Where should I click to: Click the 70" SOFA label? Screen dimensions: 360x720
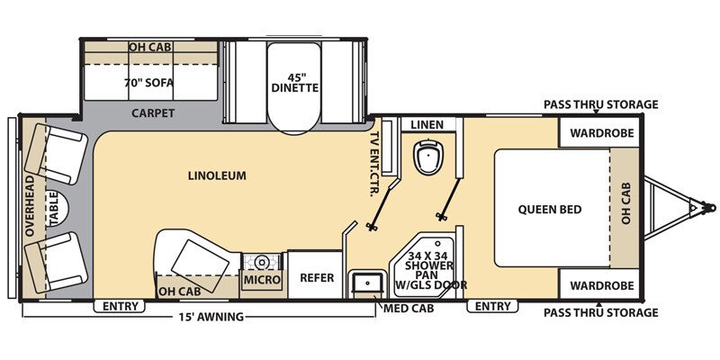point(148,83)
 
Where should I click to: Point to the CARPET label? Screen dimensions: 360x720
point(153,113)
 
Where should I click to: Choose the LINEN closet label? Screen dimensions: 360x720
point(427,123)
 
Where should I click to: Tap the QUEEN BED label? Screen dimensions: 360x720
point(549,210)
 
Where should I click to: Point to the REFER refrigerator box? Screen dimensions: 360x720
point(317,278)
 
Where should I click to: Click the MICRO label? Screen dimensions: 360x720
point(262,281)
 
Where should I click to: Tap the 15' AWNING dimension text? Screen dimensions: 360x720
point(206,317)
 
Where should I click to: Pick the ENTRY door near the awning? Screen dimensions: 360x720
point(120,306)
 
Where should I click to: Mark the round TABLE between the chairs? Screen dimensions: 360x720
point(53,208)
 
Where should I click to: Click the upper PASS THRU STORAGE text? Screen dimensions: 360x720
point(600,104)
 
